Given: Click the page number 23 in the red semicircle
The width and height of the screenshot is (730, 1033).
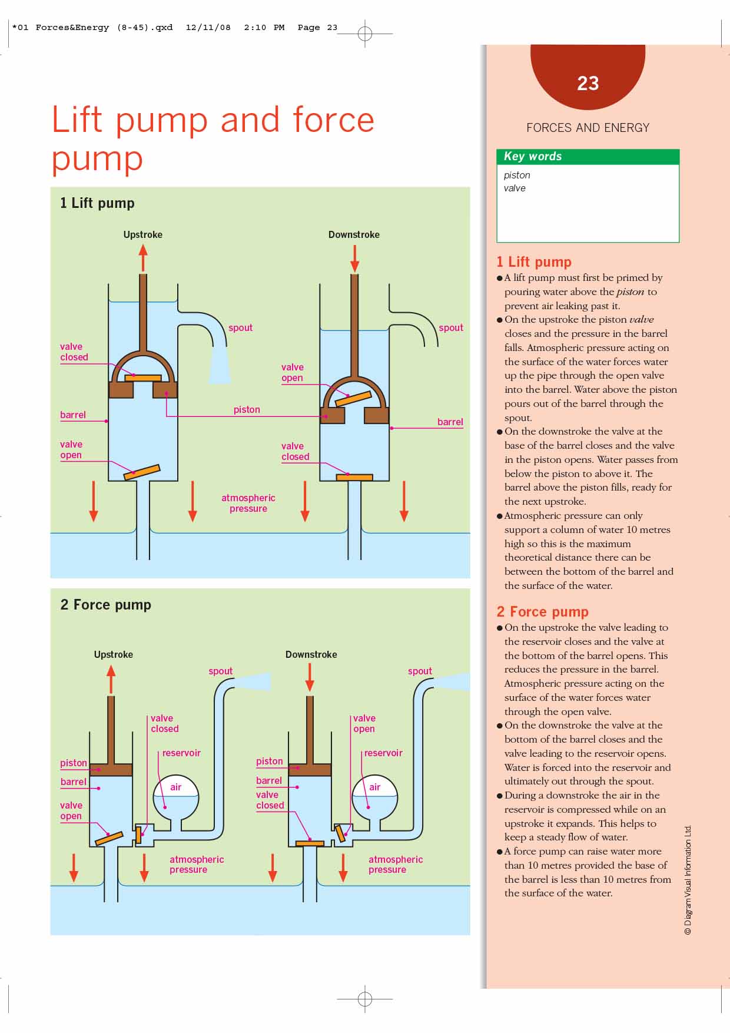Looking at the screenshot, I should coord(588,84).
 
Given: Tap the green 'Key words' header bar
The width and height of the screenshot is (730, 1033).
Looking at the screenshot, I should coord(588,157).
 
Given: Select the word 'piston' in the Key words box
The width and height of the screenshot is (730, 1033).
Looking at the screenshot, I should coord(517,176).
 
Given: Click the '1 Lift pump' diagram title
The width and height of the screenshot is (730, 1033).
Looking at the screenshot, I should coord(97,203).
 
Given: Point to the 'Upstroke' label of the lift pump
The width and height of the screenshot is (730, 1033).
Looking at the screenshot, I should coord(142,234).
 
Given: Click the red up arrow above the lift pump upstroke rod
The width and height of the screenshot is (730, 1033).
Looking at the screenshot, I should coord(143,257).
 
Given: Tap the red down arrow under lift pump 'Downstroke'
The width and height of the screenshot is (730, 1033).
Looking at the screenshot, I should coord(354,259).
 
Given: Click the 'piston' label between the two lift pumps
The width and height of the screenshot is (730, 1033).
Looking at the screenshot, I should coord(247,409).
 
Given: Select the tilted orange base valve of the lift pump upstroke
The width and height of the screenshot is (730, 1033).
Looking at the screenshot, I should coord(142,472).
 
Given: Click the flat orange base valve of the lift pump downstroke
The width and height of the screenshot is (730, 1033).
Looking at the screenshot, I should coord(354,477).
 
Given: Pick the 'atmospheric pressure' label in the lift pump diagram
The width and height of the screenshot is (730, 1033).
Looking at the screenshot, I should coord(248,503).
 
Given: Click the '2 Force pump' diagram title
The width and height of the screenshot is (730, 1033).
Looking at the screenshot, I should coord(106,605).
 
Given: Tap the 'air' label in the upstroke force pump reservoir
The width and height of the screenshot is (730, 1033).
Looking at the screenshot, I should coord(175,787).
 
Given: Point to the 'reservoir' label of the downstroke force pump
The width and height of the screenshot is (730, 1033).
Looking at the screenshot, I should coord(383,753).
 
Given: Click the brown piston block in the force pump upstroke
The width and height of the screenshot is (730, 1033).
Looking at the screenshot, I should coord(111,769).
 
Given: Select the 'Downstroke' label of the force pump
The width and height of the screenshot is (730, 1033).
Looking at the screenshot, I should coord(311,654).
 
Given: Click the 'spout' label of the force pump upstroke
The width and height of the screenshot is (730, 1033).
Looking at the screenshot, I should coord(220,671).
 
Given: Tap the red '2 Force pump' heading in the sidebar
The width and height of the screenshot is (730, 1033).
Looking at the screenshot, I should coord(542,612).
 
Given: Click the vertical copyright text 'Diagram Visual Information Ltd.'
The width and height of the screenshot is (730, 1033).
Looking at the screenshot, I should coord(688,880).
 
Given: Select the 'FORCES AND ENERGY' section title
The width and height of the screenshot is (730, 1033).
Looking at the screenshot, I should coord(588,128).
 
